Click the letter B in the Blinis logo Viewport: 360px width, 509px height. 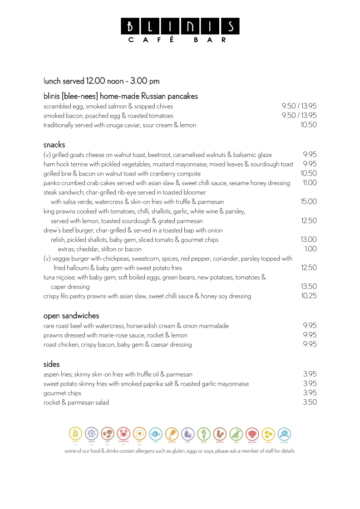tap(130, 26)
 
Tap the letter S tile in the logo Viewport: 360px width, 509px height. tap(230, 26)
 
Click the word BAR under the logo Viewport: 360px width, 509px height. tap(210, 40)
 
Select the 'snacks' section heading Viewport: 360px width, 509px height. tap(54, 145)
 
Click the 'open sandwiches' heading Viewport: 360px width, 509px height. tap(71, 316)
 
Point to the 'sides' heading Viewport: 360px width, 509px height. tap(52, 364)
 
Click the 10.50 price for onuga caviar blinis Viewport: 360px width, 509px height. tap(309, 125)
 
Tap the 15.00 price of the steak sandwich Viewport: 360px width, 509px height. tap(309, 201)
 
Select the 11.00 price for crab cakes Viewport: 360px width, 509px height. tap(309, 183)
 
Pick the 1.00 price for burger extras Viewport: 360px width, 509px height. tap(311, 249)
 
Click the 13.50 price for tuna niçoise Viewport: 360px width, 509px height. tap(309, 286)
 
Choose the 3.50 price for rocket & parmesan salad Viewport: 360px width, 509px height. tap(310, 402)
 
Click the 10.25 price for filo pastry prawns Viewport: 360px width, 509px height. tap(309, 296)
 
